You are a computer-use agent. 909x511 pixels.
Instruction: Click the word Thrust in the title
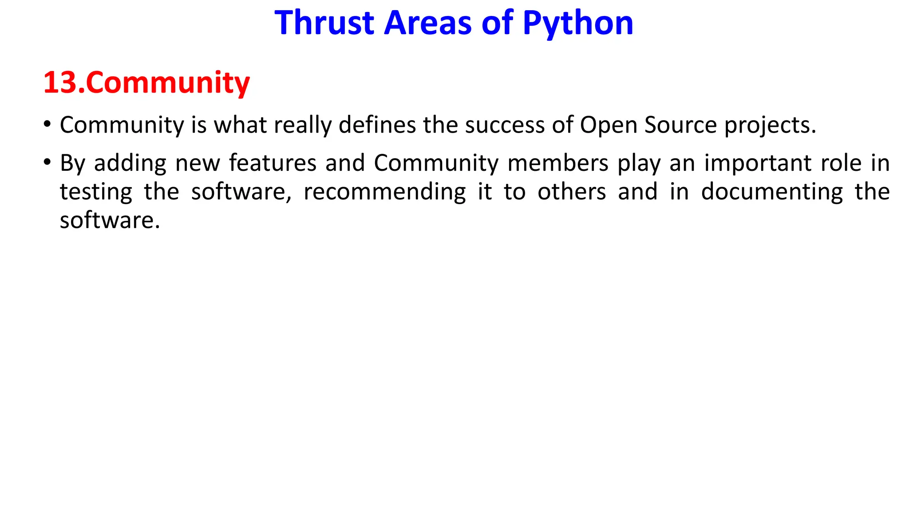pos(324,23)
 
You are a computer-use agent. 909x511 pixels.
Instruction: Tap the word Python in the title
pos(578,23)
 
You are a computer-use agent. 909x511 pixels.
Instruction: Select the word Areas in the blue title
pos(427,23)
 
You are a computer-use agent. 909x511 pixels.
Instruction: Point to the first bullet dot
pos(47,124)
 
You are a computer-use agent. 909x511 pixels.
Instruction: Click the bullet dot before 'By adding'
pos(47,162)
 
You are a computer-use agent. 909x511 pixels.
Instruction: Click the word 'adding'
pos(130,163)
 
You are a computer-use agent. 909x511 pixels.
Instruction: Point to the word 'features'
pos(273,163)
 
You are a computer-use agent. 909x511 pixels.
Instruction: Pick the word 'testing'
pos(96,192)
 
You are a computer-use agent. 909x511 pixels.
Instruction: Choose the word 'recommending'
pos(384,192)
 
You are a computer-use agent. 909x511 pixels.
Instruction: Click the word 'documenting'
pos(772,192)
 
